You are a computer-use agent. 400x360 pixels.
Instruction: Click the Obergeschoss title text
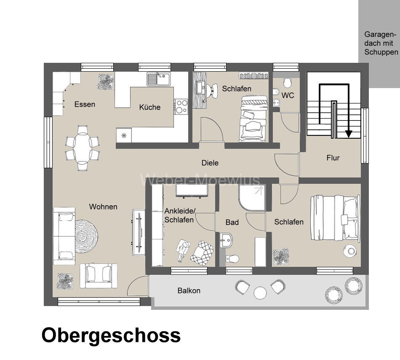coord(111,336)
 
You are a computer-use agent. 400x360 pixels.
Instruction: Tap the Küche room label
coord(150,107)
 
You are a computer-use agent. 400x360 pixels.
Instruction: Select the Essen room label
coord(85,104)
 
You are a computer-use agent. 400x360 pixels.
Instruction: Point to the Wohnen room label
coord(103,207)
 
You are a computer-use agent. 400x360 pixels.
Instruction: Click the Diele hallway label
coord(210,163)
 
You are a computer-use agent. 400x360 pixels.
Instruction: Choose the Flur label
coord(333,158)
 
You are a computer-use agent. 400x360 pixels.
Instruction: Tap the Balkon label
coord(189,290)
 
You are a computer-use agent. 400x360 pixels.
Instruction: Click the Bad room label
coord(232,222)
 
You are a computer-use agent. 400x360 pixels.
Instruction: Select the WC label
coord(288,95)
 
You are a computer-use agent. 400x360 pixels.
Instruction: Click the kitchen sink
coord(158,78)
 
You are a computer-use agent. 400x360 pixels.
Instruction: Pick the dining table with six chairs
coord(83,148)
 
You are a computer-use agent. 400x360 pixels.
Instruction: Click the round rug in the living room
coord(86,236)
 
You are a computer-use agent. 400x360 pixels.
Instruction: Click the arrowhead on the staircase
coord(348,134)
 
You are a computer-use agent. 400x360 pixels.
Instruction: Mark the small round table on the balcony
coord(260,293)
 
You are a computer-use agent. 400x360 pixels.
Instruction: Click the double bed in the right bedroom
coord(335,218)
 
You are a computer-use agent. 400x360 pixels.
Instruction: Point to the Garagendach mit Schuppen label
coord(381,43)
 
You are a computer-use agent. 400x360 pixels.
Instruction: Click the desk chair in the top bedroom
coord(209,89)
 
